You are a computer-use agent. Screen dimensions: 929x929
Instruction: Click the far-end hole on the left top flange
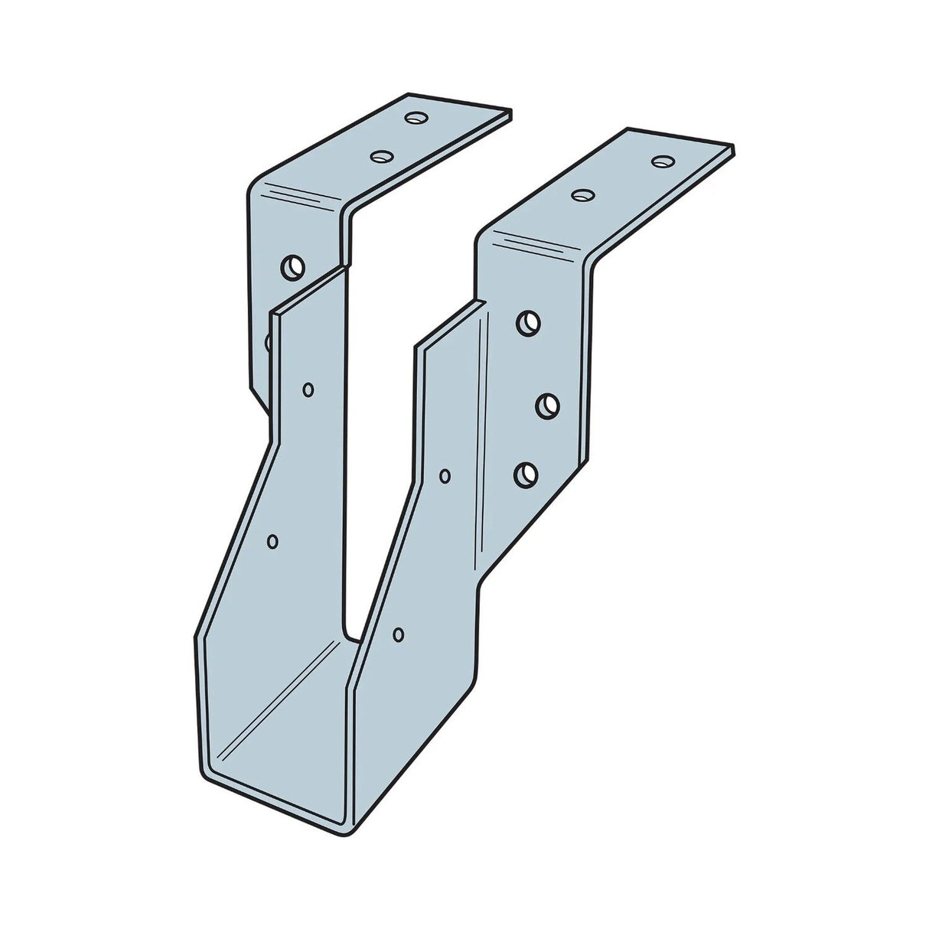tap(416, 118)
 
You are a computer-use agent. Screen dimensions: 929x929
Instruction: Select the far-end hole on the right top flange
tap(663, 161)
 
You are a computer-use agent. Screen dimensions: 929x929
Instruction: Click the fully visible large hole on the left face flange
tap(292, 267)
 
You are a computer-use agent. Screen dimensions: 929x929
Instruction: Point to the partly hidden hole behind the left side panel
tap(267, 341)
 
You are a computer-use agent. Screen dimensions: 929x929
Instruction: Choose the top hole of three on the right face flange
tap(526, 323)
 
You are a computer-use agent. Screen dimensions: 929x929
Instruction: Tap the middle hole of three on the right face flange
tap(546, 405)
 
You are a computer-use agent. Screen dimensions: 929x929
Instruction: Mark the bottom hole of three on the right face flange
tap(524, 474)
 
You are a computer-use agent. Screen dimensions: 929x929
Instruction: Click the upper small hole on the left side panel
tap(308, 390)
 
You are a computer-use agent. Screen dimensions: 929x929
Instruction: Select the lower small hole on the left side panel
tap(272, 541)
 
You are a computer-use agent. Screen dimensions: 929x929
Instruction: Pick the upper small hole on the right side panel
tap(445, 476)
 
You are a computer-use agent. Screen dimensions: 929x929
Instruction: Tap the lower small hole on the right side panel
tap(398, 634)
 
